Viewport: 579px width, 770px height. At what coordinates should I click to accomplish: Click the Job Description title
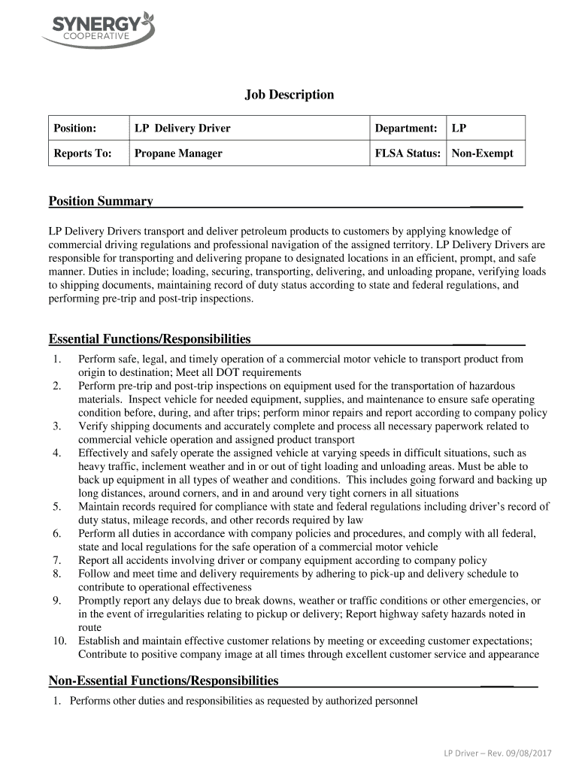pyautogui.click(x=289, y=95)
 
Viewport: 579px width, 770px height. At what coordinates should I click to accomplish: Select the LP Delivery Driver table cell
pyautogui.click(x=182, y=129)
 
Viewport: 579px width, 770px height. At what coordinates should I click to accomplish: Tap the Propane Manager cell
pyautogui.click(x=178, y=153)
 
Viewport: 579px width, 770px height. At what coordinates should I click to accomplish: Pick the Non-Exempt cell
pyautogui.click(x=482, y=153)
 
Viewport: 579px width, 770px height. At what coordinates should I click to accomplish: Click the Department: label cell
pyautogui.click(x=406, y=129)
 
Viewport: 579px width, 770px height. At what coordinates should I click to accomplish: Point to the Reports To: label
pyautogui.click(x=83, y=153)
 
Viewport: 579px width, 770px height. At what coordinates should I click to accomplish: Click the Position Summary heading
pyautogui.click(x=101, y=202)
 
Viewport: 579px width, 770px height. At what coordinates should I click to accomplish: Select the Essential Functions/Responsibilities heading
pyautogui.click(x=150, y=339)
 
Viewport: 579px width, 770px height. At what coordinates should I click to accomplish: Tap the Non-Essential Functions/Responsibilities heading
pyautogui.click(x=163, y=681)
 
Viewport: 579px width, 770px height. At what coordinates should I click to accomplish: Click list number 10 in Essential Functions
pyautogui.click(x=59, y=641)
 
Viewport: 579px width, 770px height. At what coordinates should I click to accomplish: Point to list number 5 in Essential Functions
pyautogui.click(x=56, y=507)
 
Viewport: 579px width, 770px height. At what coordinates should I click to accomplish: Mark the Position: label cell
pyautogui.click(x=75, y=129)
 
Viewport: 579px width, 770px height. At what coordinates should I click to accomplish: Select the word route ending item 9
pyautogui.click(x=90, y=627)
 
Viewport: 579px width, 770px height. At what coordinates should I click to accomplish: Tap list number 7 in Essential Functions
pyautogui.click(x=56, y=560)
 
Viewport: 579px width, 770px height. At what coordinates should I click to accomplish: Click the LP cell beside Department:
pyautogui.click(x=459, y=129)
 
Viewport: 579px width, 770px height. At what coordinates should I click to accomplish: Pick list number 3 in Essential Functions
pyautogui.click(x=56, y=426)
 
